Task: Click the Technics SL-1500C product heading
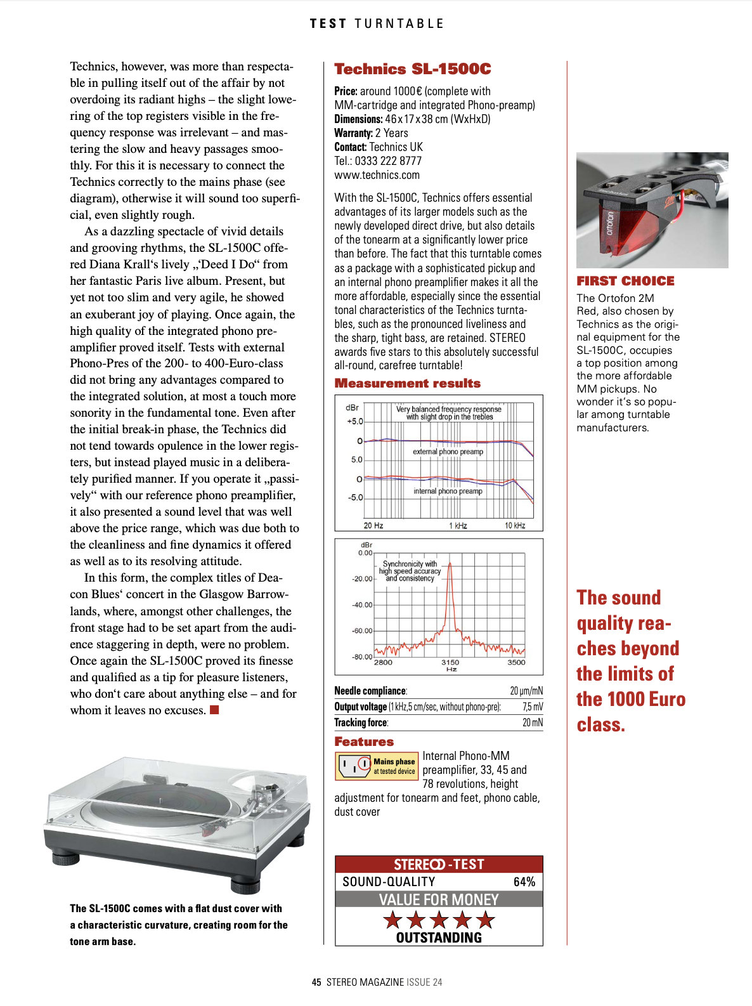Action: click(412, 69)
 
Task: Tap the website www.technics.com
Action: click(377, 175)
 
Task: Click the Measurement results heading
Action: click(407, 383)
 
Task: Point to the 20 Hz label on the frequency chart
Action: click(373, 526)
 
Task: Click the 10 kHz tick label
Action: click(515, 526)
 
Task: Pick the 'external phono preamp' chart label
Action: click(448, 452)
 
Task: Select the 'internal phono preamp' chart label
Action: click(448, 491)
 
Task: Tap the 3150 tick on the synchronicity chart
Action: click(450, 662)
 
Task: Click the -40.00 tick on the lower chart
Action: click(362, 605)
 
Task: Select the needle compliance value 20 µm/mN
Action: click(526, 691)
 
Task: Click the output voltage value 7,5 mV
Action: click(533, 707)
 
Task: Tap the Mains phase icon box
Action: click(376, 766)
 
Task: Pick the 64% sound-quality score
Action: click(524, 882)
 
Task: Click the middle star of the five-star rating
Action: click(439, 919)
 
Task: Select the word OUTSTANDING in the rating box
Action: click(439, 937)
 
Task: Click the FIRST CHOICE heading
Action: click(625, 281)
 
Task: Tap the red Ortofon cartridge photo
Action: click(652, 210)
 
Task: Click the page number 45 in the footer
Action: click(316, 982)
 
